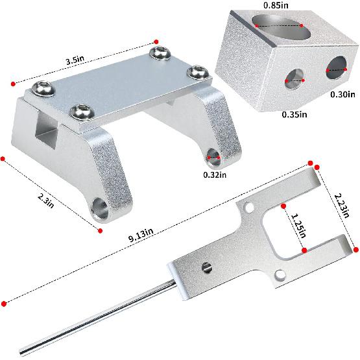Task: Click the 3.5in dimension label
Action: [75, 60]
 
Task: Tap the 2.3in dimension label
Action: [46, 200]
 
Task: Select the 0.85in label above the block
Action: [276, 5]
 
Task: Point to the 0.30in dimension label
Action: [342, 94]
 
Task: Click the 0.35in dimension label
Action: [294, 114]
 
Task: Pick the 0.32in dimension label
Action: [215, 174]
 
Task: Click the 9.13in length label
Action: [141, 235]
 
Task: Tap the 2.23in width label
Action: [342, 206]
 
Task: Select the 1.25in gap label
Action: [298, 226]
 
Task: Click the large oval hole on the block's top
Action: [281, 26]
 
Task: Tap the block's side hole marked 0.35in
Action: [294, 79]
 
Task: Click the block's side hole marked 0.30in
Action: [336, 67]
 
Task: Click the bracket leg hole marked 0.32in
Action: [214, 157]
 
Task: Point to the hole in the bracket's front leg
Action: [100, 208]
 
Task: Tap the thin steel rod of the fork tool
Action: [97, 319]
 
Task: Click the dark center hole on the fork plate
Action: [207, 267]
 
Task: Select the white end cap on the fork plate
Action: [178, 281]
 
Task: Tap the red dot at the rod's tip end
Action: [4, 304]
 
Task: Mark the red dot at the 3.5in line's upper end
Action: [156, 42]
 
